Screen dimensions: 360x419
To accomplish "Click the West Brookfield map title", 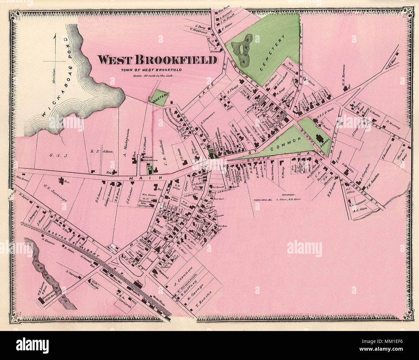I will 157,60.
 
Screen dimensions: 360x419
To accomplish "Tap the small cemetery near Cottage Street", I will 159,99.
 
